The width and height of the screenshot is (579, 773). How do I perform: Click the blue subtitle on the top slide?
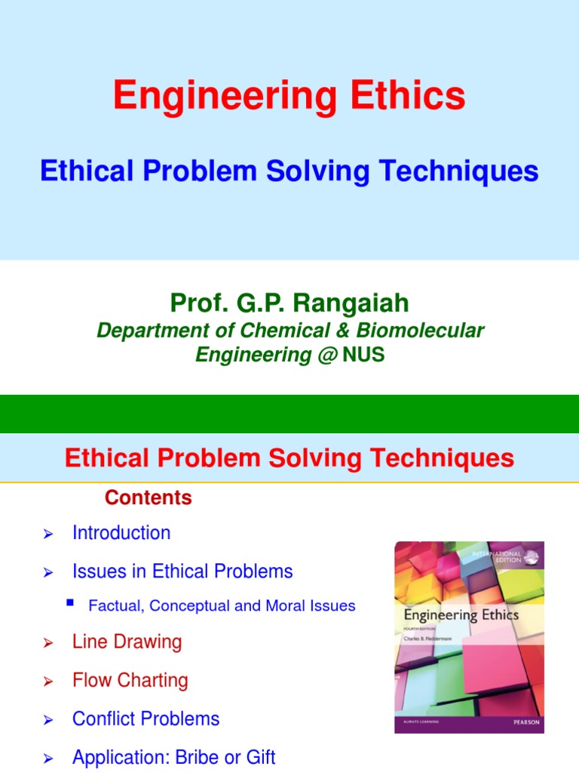click(289, 171)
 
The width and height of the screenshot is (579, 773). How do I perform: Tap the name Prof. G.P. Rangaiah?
click(289, 303)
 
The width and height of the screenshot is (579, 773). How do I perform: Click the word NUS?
click(363, 354)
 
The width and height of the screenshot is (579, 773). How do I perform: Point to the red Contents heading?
click(149, 498)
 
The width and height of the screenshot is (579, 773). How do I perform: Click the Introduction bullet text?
click(121, 533)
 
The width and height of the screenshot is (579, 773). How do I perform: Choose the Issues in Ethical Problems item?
click(182, 571)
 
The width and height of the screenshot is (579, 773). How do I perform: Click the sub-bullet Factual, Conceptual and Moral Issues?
click(222, 605)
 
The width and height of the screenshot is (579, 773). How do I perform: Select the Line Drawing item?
click(127, 642)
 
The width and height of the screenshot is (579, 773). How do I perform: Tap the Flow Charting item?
click(130, 680)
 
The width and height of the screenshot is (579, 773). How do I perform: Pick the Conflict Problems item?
click(146, 719)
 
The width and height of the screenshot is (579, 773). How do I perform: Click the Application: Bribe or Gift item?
click(173, 757)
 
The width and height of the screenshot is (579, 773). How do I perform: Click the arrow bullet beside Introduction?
click(48, 534)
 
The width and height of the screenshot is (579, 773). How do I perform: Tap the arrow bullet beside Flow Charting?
click(48, 682)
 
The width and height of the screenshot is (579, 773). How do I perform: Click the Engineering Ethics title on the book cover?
click(461, 614)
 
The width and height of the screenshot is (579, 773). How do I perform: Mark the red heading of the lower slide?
click(289, 458)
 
